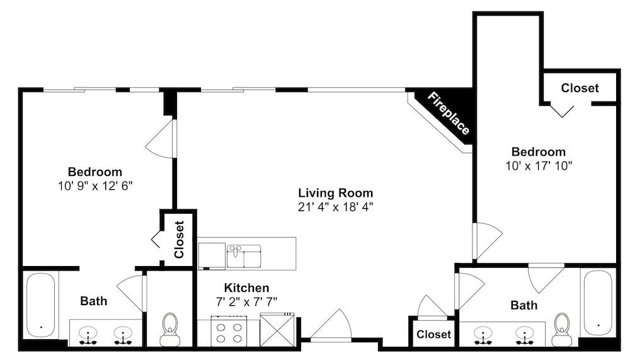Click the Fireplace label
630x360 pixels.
coord(449,113)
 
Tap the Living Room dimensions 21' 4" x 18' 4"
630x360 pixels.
coord(336,207)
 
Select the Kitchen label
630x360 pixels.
coord(247,288)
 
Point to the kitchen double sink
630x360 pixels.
coord(244,256)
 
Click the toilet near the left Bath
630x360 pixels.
coord(170,330)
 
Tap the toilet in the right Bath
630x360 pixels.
coord(562,330)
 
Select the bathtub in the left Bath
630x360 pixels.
coord(40,305)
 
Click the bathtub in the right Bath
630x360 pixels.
coord(598,303)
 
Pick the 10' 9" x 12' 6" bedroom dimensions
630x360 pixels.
coord(95,186)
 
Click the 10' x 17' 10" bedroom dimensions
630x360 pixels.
coord(539,166)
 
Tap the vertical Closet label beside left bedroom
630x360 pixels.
coord(179,240)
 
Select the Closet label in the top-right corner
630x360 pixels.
coord(580,88)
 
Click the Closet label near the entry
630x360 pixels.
coord(434,334)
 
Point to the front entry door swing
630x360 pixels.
coord(332,325)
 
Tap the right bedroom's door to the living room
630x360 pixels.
coord(487,241)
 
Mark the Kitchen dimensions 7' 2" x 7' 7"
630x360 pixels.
coord(247,301)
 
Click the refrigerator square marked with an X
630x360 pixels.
coord(277,330)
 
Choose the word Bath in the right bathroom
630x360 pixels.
coord(524,305)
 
